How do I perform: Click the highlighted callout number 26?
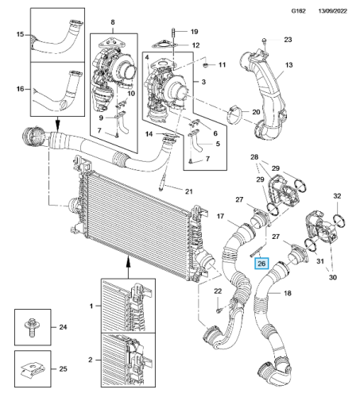261,264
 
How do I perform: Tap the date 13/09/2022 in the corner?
332,11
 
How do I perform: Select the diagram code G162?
298,11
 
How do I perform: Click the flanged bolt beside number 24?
32,327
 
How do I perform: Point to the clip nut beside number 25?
33,369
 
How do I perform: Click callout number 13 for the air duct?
288,65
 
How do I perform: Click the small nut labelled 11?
206,65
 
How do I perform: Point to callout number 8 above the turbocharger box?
113,22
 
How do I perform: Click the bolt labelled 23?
264,40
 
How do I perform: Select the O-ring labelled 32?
339,221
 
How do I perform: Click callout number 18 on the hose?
288,293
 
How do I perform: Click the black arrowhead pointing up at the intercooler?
128,263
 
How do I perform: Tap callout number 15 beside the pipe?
20,34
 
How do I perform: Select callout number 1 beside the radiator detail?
91,306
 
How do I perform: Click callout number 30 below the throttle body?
333,277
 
